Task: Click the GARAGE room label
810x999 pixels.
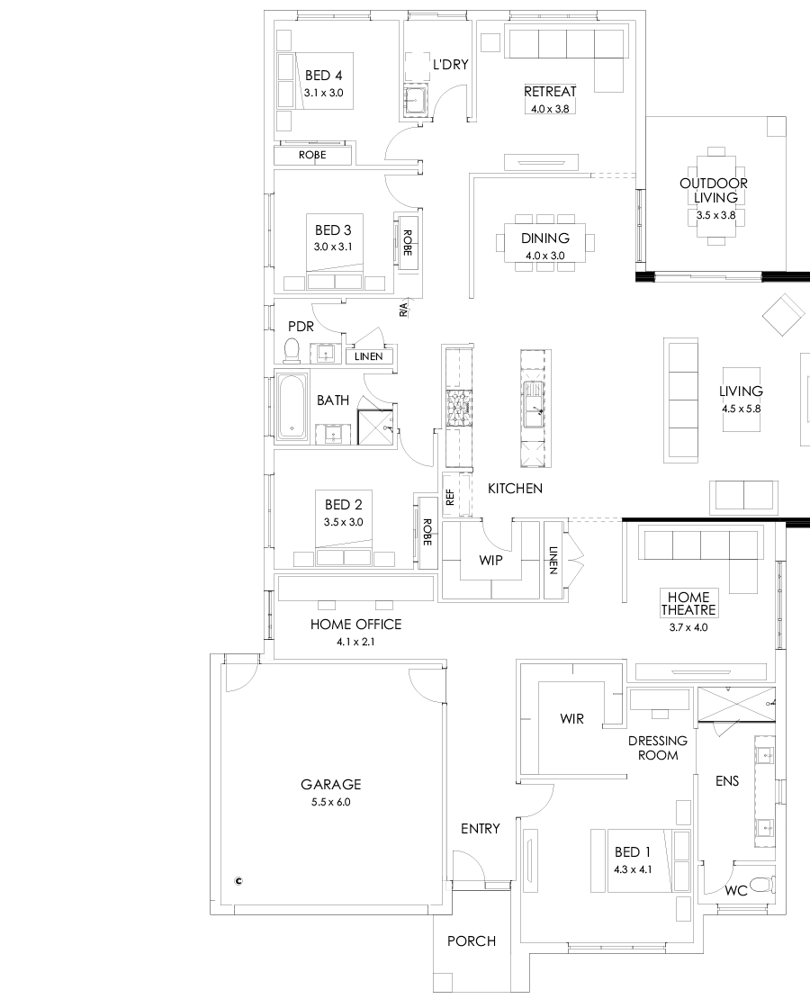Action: pyautogui.click(x=330, y=784)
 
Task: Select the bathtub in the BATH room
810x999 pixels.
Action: pyautogui.click(x=291, y=407)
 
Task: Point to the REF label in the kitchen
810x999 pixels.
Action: pyautogui.click(x=449, y=497)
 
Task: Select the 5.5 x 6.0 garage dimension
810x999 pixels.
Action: pyautogui.click(x=330, y=801)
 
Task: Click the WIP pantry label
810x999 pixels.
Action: pyautogui.click(x=490, y=560)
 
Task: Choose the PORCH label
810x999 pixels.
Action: pyautogui.click(x=472, y=941)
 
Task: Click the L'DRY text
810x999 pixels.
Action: pyautogui.click(x=450, y=65)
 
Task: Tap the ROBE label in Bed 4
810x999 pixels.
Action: pyautogui.click(x=312, y=156)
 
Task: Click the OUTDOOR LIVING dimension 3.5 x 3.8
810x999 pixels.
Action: pyautogui.click(x=714, y=216)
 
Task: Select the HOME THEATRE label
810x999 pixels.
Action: pyautogui.click(x=688, y=603)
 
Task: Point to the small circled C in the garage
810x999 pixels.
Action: pyautogui.click(x=238, y=881)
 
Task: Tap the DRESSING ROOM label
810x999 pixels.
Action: pyautogui.click(x=657, y=748)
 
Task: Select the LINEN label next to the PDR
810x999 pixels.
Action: pyautogui.click(x=368, y=356)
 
